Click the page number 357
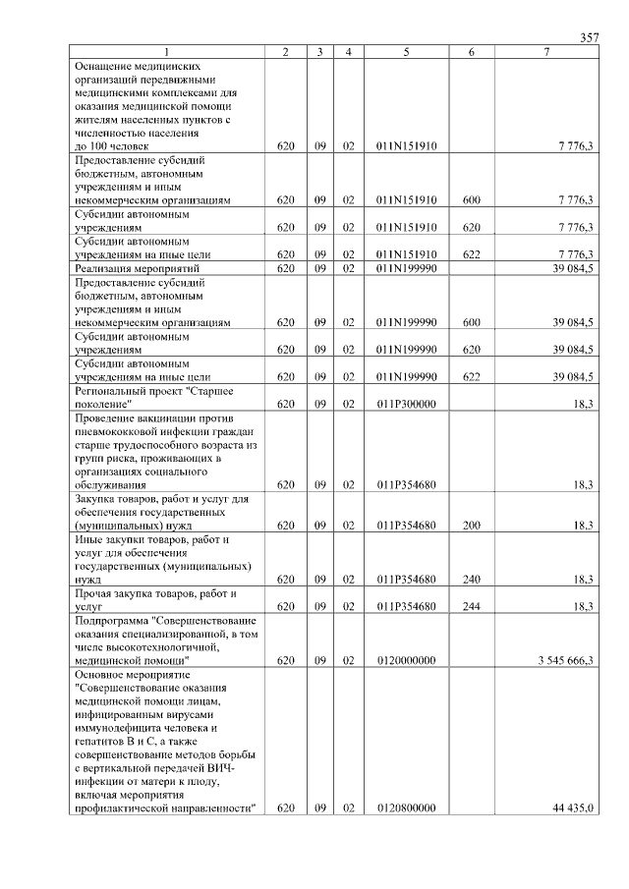point(589,37)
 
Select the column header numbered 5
point(406,51)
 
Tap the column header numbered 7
point(546,51)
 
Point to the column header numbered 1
point(167,51)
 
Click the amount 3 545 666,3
point(565,660)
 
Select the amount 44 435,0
point(573,807)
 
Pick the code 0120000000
point(406,660)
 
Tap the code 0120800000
point(406,807)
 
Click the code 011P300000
point(406,403)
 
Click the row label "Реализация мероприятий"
point(138,267)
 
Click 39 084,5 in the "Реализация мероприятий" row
point(573,267)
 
